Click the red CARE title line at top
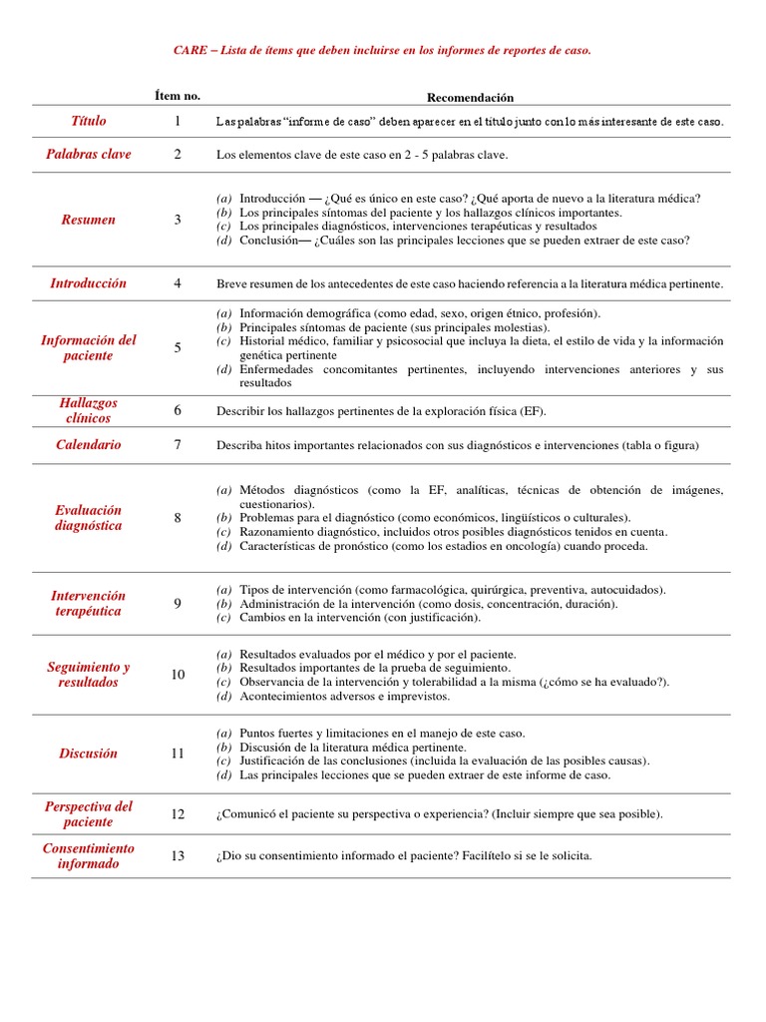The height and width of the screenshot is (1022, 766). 383,50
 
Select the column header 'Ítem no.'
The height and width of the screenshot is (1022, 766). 178,96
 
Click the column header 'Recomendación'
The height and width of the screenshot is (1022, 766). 470,97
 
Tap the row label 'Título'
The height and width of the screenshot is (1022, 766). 88,121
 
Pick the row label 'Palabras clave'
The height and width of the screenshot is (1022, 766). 88,155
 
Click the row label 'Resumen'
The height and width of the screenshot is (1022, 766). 88,220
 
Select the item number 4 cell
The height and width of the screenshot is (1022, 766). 178,283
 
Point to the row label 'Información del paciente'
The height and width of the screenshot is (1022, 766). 88,347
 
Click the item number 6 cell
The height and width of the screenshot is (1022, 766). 178,410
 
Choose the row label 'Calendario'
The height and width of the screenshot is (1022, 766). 88,445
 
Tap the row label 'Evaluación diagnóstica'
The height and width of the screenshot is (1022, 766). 88,517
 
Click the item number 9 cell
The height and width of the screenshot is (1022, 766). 178,603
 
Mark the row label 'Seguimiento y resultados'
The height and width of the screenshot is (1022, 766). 88,675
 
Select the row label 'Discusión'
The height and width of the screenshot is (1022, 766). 88,754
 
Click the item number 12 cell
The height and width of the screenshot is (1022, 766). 178,814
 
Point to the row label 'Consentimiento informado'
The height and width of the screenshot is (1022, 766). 88,855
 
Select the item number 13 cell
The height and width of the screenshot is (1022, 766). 178,856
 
